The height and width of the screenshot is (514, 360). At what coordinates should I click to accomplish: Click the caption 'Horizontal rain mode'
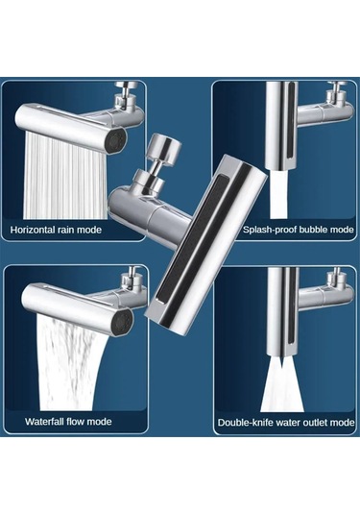56,231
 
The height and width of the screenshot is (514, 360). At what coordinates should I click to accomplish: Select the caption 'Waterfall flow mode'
68,421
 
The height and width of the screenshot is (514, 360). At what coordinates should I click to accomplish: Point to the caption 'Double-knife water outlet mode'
285,421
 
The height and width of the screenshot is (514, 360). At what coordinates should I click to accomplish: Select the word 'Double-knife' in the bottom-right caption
246,421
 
